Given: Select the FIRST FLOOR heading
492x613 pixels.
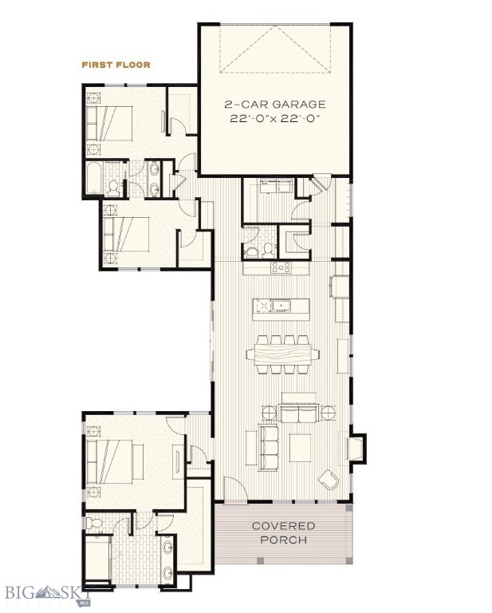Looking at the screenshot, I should tap(116, 64).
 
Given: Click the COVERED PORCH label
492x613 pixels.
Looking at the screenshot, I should tap(283, 532).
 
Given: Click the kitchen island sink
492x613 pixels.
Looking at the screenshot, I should tap(281, 305).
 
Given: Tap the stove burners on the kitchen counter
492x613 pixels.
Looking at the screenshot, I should tap(281, 268).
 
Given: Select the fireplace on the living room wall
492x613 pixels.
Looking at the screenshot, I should tap(356, 447).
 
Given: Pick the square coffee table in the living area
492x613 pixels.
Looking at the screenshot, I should tap(301, 446).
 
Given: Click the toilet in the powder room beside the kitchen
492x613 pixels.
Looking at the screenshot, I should tap(254, 251).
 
